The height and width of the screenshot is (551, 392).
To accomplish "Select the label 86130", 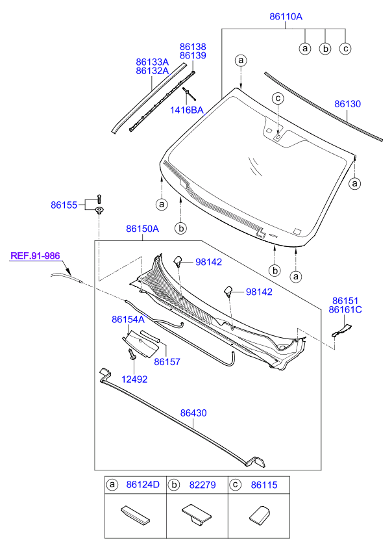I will (x=348, y=104).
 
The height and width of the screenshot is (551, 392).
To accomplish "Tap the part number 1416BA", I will (x=187, y=110).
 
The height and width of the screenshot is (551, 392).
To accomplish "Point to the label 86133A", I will (x=153, y=61).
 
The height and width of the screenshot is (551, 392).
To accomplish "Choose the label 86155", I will (x=64, y=205).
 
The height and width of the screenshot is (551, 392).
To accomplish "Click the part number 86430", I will (x=193, y=413).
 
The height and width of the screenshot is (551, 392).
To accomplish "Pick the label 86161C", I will (x=345, y=310).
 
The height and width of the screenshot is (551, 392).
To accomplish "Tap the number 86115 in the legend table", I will (x=262, y=485).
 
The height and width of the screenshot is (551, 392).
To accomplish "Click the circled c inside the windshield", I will (x=277, y=98).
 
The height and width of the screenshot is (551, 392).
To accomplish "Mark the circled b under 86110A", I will (x=325, y=48).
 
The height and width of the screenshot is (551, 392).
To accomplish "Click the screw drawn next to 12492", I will (x=132, y=353).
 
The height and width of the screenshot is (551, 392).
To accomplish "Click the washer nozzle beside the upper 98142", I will (x=177, y=261).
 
